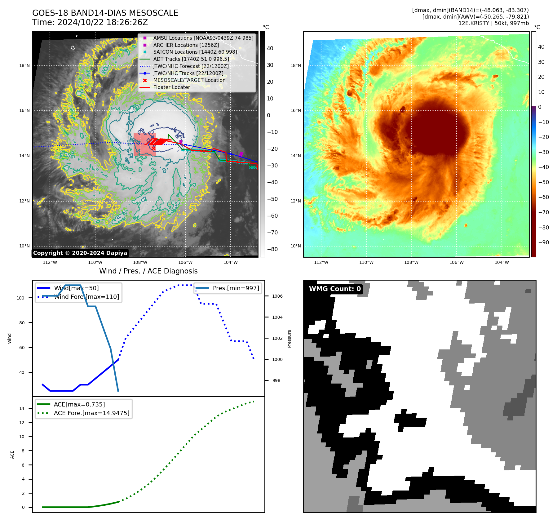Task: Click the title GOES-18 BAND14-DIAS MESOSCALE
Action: click(105, 13)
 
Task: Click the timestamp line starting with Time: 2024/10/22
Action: click(90, 22)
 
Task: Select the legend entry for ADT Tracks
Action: click(191, 59)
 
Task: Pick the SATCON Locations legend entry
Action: click(195, 52)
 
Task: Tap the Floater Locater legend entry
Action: click(171, 87)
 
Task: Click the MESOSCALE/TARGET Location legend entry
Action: click(189, 80)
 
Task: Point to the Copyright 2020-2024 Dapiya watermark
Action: click(80, 253)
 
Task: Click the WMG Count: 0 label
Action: click(335, 289)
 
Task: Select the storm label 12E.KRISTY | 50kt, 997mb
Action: click(493, 23)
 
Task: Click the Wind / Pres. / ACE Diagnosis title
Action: click(148, 271)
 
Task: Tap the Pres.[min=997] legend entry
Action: click(236, 288)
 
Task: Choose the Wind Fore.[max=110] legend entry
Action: click(86, 297)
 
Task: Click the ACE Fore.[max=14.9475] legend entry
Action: click(91, 413)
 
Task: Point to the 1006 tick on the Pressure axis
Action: click(277, 296)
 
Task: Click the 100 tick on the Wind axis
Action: click(20, 298)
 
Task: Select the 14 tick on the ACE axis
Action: click(22, 408)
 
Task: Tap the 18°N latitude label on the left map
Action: click(24, 65)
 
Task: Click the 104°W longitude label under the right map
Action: click(502, 262)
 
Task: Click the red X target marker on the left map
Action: click(153, 149)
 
